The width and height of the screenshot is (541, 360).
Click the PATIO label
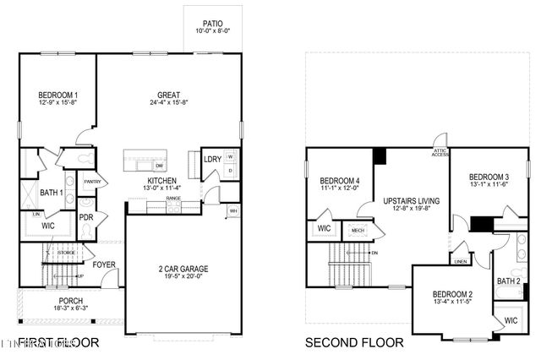pos(213,23)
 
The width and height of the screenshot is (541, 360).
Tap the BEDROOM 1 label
pos(58,95)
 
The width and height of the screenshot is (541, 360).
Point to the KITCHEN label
pos(161,181)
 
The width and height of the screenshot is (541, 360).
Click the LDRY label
pos(211,159)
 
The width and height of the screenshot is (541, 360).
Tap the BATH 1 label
pos(52,194)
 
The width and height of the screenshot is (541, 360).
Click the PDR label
pos(86,216)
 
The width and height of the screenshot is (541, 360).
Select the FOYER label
pos(104,265)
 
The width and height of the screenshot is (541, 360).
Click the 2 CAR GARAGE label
pos(183,270)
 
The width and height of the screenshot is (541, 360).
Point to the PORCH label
pos(70,301)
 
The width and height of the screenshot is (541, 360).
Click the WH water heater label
pos(233,210)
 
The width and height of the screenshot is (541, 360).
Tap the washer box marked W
pos(229,158)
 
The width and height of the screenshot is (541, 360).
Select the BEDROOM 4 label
pos(339,181)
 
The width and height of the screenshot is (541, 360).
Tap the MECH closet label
pos(358,229)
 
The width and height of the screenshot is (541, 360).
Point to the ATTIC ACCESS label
pos(440,150)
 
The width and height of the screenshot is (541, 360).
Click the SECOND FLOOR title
pos(354,343)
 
